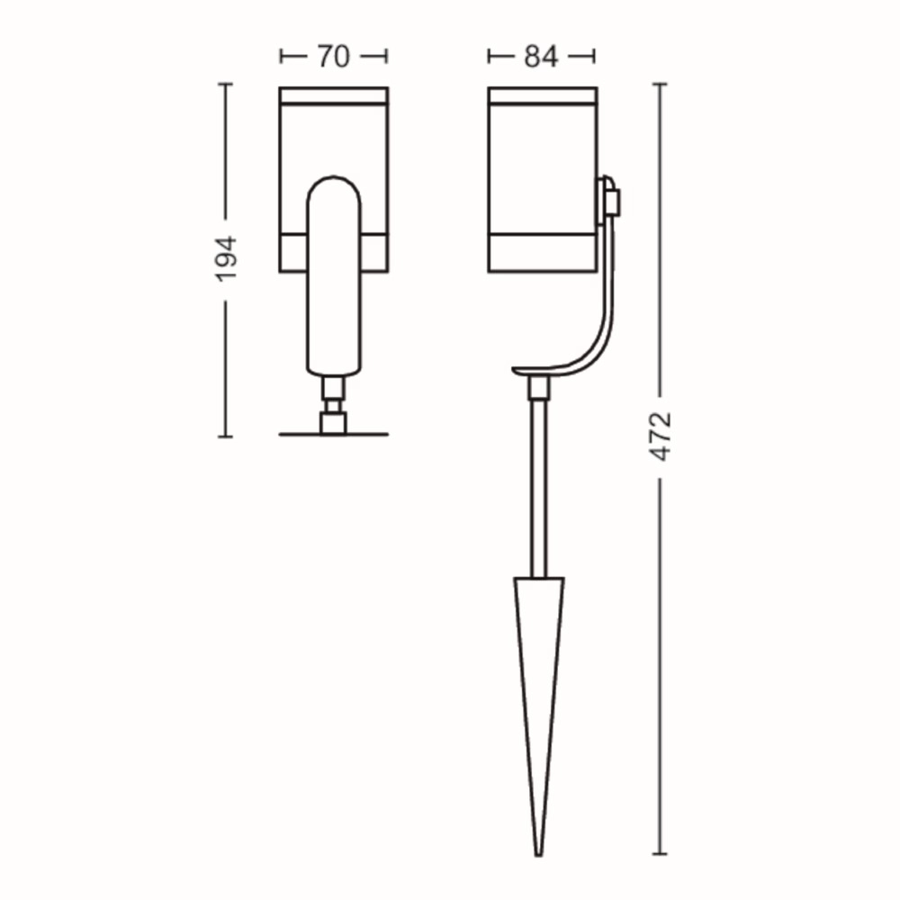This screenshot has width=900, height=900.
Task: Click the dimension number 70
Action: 333,57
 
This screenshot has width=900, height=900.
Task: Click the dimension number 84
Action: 541,57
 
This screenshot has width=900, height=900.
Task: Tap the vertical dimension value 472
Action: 661,436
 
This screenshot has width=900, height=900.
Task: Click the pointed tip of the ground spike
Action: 539,852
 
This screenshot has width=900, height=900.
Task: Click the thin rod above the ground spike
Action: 539,486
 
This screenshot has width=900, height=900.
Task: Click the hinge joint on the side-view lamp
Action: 610,198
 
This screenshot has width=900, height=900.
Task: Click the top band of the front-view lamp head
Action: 334,96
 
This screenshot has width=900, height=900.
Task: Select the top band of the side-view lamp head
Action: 542,96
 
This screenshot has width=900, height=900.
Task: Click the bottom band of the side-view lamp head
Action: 542,254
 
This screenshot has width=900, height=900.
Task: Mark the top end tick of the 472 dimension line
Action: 661,84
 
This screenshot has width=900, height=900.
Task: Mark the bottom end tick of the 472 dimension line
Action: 661,853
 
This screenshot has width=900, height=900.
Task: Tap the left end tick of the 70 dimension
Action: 283,57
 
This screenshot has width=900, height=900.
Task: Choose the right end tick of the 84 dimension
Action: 593,57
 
